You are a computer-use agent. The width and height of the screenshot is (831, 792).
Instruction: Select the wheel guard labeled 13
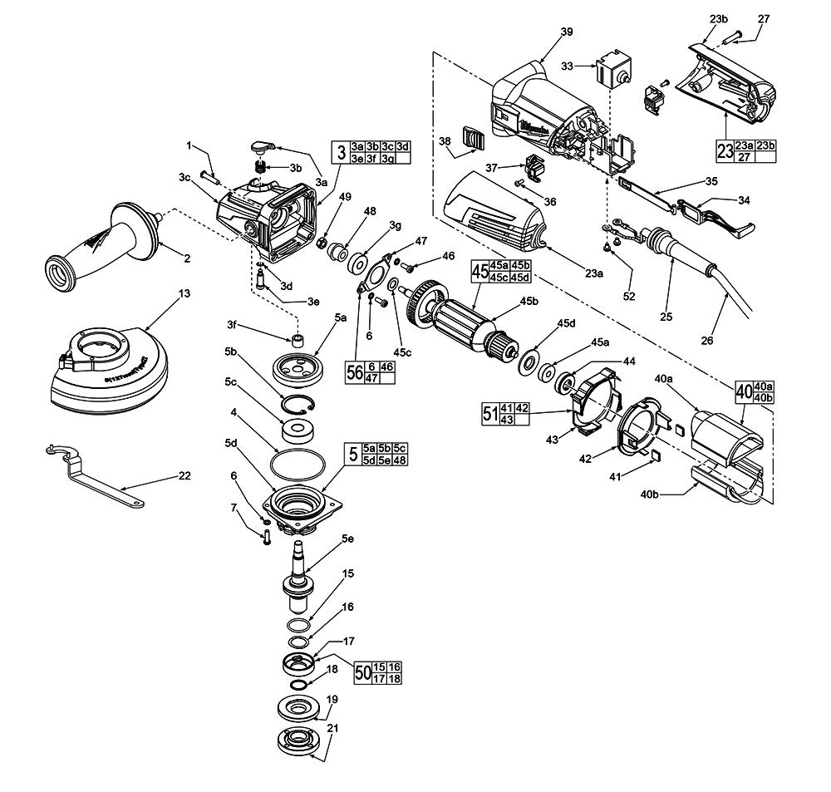pos(104,370)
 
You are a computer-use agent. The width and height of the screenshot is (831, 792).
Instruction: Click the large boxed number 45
pos(479,272)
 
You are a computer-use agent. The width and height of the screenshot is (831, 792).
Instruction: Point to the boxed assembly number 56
pos(355,372)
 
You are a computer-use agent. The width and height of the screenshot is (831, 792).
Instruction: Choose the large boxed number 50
pos(362,671)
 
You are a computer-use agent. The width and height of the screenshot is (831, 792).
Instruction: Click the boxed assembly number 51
pos(490,412)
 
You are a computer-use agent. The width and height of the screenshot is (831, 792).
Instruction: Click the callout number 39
pos(566,32)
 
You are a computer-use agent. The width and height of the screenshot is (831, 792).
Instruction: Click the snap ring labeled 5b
pos(299,405)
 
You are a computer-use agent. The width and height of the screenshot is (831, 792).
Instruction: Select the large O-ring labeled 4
pos(298,463)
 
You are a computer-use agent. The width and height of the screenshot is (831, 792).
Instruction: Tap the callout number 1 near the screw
pos(189,146)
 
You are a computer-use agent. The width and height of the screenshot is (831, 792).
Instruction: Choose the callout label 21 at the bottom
pos(334,727)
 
